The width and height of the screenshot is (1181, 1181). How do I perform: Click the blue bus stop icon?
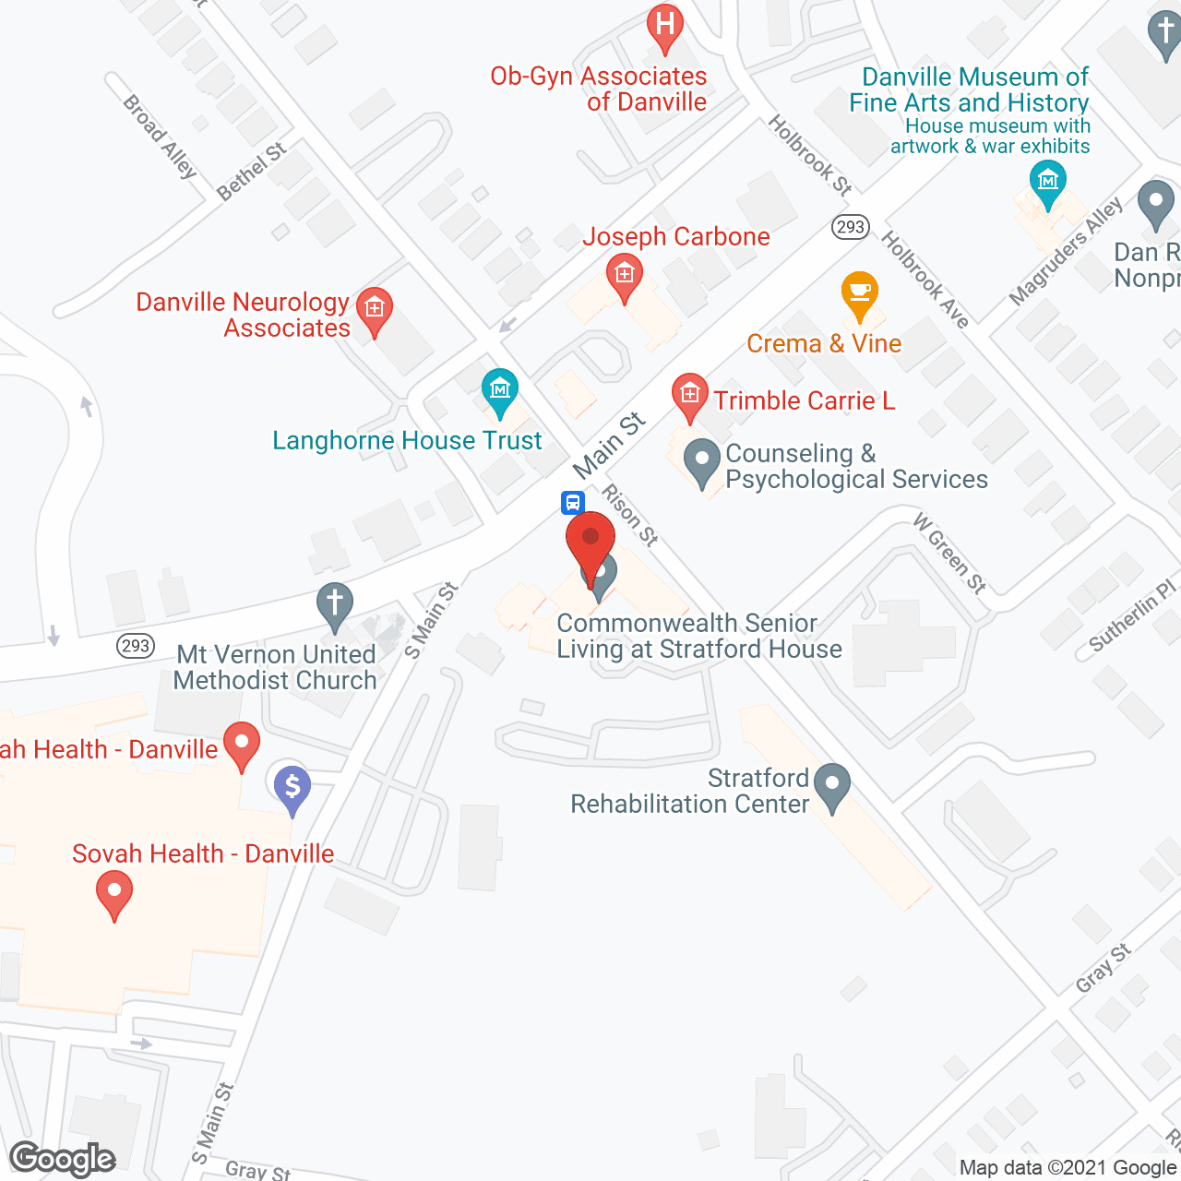pyautogui.click(x=572, y=503)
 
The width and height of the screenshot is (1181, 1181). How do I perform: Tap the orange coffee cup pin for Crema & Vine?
pyautogui.click(x=859, y=294)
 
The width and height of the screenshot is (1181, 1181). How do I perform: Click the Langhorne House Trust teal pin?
pyautogui.click(x=500, y=392)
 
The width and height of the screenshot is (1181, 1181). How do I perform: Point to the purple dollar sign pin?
pyautogui.click(x=292, y=789)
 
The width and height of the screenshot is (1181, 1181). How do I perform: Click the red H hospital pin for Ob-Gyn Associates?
pyautogui.click(x=664, y=27)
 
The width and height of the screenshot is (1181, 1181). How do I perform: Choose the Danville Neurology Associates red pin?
pyautogui.click(x=374, y=310)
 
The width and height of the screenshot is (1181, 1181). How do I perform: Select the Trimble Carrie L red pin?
pyautogui.click(x=689, y=397)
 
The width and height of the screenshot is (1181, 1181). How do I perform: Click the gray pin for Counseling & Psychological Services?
pyautogui.click(x=702, y=460)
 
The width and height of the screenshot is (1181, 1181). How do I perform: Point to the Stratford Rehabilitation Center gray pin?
pyautogui.click(x=833, y=786)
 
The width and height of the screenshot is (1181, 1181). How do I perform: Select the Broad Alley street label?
pyautogui.click(x=161, y=137)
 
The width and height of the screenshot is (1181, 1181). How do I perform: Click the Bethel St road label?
pyautogui.click(x=251, y=172)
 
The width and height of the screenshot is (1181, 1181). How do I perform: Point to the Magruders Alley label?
pyautogui.click(x=1066, y=251)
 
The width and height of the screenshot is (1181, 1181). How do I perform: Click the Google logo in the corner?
pyautogui.click(x=63, y=1159)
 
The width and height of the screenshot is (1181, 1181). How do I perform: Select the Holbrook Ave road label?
pyautogui.click(x=925, y=280)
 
